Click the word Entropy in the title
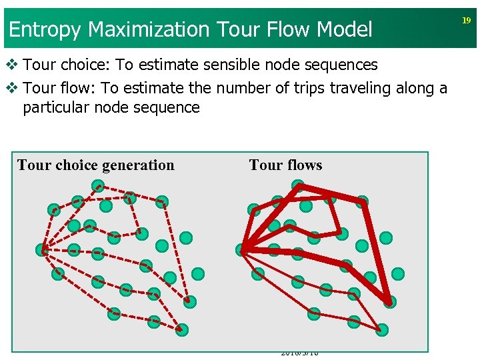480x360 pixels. click(45, 30)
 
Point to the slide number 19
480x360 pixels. click(467, 21)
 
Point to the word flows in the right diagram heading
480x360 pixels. click(305, 165)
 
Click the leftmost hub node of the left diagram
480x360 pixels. click(42, 250)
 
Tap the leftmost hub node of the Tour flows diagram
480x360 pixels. click(242, 249)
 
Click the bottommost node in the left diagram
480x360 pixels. click(182, 329)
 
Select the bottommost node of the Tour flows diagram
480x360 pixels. click(382, 329)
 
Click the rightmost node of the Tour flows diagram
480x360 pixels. click(398, 273)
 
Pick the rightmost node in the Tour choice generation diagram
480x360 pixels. click(198, 273)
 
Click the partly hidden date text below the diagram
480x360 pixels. click(299, 353)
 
